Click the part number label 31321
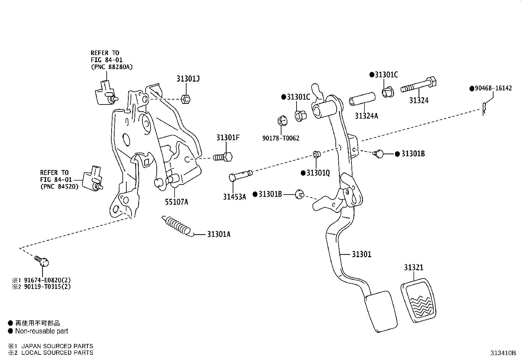[x=414, y=268]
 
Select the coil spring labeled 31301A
[x=178, y=226]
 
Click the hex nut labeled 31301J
[x=186, y=99]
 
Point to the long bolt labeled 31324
[x=419, y=85]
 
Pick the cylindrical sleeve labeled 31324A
[x=362, y=99]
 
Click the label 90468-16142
[x=493, y=88]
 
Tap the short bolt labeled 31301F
[x=223, y=157]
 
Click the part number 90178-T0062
[x=281, y=138]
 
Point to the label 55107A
[x=176, y=202]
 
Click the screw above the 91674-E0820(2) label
[x=42, y=261]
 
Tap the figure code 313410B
[x=503, y=353]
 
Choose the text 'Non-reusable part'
[x=42, y=331]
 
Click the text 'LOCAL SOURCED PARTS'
[x=57, y=352]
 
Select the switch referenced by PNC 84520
[x=93, y=179]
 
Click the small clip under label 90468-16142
[x=484, y=109]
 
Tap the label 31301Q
[x=318, y=173]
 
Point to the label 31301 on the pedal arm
[x=361, y=254]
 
